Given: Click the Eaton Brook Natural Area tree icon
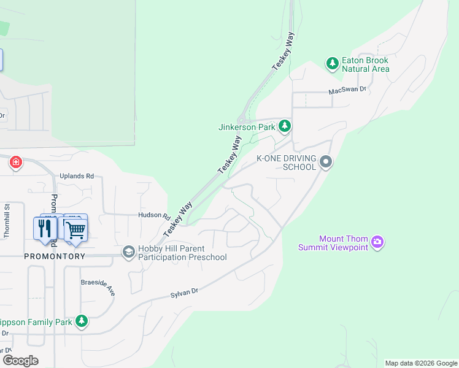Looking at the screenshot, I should coord(332,64).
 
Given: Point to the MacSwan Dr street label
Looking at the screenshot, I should coord(347,90).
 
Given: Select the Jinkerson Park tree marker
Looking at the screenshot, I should coord(284,126).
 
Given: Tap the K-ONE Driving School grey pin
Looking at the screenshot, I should coord(325,163).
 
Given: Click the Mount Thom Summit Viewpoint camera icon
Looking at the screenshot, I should coord(377,242).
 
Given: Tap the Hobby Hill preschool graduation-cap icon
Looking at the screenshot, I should coord(128,251).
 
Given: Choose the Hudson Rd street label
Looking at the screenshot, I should coord(153,215).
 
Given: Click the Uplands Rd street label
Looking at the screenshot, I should coord(77,176).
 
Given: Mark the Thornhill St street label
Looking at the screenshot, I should coord(7,221).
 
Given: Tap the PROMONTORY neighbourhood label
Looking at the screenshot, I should coord(55,256).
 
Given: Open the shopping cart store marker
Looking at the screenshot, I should coord(75,230).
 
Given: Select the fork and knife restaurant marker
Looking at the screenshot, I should coord(45,229).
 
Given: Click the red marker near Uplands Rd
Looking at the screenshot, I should coord(16,163).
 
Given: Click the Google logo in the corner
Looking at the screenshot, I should coord(20,361).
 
